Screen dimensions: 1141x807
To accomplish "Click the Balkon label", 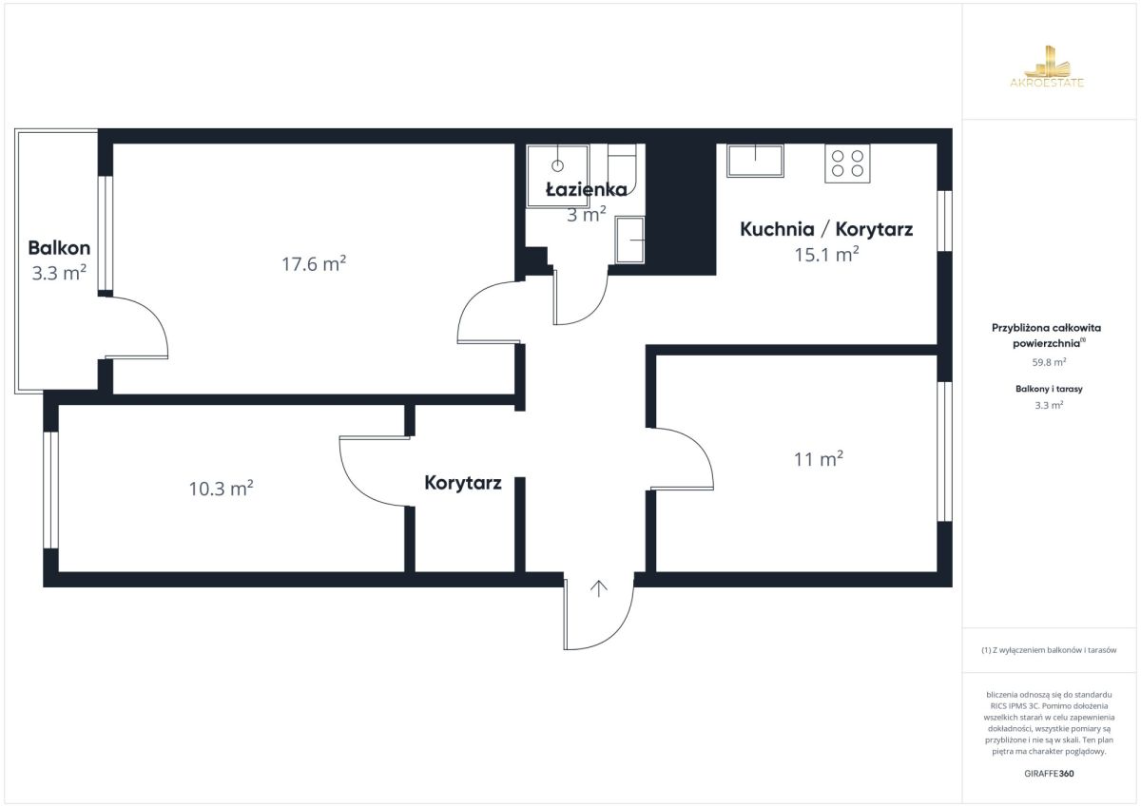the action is [x=59, y=248].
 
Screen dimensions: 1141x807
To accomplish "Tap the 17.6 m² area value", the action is [x=314, y=263].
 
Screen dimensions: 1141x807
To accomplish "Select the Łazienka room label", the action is [x=587, y=190].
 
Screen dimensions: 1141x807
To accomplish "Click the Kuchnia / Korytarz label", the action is [x=826, y=229].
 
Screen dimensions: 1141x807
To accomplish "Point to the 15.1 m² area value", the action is [x=826, y=254].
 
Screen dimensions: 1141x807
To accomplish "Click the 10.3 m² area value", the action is [x=221, y=489].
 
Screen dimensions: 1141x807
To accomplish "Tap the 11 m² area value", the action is [x=819, y=459].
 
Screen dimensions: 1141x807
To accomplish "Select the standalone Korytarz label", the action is [x=463, y=483].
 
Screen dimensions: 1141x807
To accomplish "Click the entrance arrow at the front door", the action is [x=598, y=588].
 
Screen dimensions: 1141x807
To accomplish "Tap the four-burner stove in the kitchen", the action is [x=847, y=163].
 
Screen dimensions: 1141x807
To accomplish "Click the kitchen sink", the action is [x=755, y=161].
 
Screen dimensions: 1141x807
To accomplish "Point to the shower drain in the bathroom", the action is [x=558, y=165].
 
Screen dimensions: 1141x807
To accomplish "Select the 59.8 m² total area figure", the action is [x=1049, y=362].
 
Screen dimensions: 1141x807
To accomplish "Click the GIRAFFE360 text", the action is [x=1049, y=774].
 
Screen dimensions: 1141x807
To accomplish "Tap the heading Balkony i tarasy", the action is [x=1049, y=389].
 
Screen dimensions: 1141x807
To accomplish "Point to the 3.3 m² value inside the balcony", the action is [x=59, y=273].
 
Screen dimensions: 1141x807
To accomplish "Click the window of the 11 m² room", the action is [x=945, y=452].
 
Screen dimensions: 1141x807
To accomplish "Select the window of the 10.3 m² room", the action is [x=50, y=490].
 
